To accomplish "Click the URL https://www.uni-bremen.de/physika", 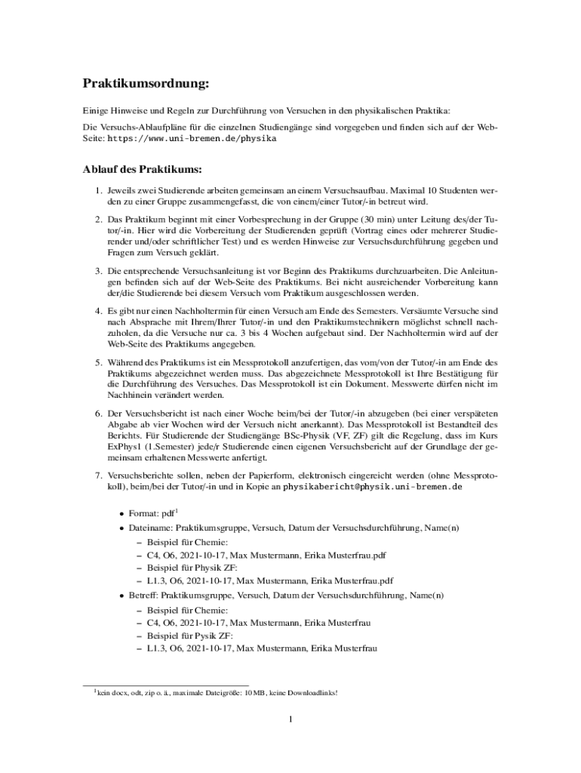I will point(192,139).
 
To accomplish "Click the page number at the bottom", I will point(290,719).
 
